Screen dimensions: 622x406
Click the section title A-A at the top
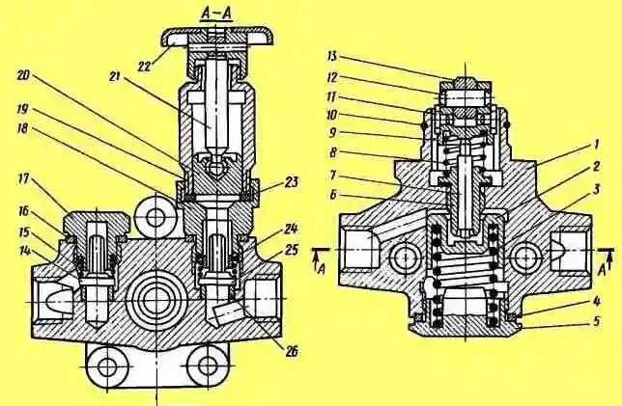[x=216, y=14]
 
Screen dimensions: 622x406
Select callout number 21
[x=115, y=78]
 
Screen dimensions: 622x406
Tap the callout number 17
[x=24, y=179]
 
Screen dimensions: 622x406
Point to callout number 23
[x=292, y=182]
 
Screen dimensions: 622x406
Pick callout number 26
[x=292, y=351]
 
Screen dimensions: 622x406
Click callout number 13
[x=331, y=56]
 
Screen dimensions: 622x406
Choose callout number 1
[x=596, y=145]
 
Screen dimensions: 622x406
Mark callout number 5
[x=597, y=321]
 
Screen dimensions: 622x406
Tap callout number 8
[x=333, y=152]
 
